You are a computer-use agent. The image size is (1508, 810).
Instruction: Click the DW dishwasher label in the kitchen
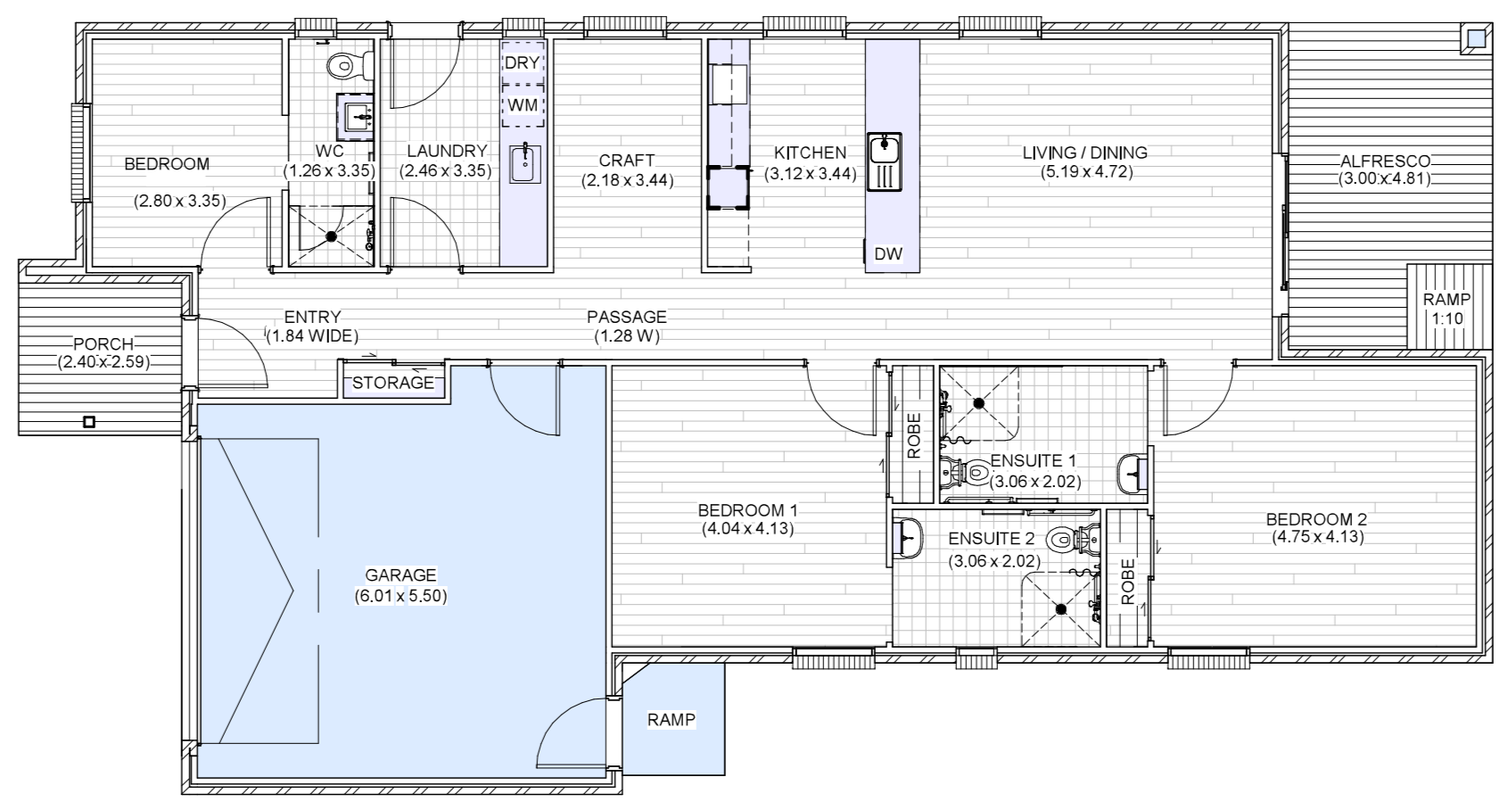(887, 254)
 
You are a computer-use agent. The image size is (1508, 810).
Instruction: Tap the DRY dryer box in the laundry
(523, 63)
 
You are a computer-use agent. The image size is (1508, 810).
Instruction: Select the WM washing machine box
(523, 105)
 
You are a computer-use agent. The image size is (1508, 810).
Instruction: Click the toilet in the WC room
(348, 65)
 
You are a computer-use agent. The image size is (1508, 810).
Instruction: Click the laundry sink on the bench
(525, 163)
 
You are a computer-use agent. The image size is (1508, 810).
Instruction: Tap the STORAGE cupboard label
(393, 384)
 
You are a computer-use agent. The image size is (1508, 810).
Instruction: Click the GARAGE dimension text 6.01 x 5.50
(400, 595)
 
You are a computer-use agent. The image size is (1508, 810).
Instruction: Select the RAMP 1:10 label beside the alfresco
(1446, 310)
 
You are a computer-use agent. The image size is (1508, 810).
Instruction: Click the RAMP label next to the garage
(671, 719)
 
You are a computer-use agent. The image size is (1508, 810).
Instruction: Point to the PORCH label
(103, 344)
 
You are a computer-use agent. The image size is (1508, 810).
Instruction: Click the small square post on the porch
(88, 422)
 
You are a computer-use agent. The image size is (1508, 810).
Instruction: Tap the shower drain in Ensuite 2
(1061, 609)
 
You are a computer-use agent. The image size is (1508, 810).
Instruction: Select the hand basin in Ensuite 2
(909, 538)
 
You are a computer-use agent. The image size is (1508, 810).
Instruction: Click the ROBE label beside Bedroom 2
(1127, 582)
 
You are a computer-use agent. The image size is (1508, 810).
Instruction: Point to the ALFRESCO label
(1384, 161)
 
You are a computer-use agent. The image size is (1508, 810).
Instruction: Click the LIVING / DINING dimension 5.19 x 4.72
(1085, 172)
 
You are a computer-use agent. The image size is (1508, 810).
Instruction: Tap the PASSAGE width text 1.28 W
(627, 336)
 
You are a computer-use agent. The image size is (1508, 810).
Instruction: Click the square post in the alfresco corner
(1477, 38)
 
